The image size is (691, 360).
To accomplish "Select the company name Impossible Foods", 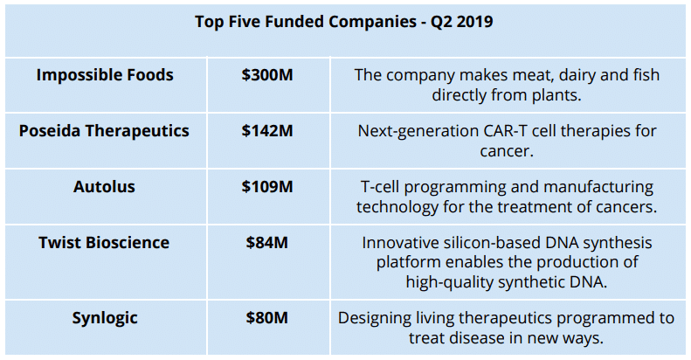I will (105, 75).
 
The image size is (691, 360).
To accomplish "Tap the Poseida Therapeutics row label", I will (104, 131).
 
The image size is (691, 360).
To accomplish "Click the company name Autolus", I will (105, 186).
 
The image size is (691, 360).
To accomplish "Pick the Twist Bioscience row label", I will (104, 242).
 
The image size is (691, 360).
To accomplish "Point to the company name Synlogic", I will (105, 318).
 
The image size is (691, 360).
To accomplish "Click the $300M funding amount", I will (267, 75).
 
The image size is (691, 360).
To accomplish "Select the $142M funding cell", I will (267, 131).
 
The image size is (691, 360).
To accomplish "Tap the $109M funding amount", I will (267, 186).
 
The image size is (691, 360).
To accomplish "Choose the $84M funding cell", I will (267, 242).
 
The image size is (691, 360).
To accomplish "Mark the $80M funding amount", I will (267, 318).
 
